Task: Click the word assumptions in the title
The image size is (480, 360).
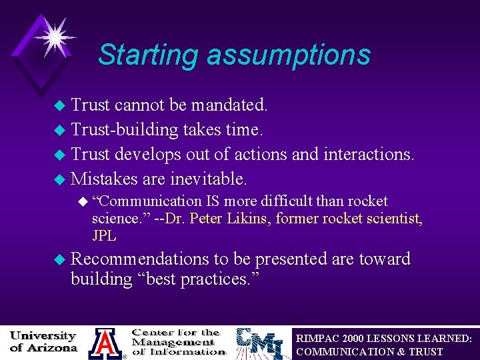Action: pyautogui.click(x=288, y=55)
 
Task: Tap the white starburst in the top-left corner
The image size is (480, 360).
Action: pyautogui.click(x=54, y=35)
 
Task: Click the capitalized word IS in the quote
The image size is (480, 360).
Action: pyautogui.click(x=212, y=201)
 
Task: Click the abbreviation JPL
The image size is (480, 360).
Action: pyautogui.click(x=104, y=235)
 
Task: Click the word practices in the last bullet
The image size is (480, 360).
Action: pyautogui.click(x=223, y=279)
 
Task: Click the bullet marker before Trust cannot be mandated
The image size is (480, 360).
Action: pyautogui.click(x=59, y=105)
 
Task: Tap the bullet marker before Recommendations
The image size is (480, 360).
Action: pyautogui.click(x=59, y=259)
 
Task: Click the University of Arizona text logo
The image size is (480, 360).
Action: pyautogui.click(x=43, y=341)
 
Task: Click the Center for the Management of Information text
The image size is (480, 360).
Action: pyautogui.click(x=178, y=341)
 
